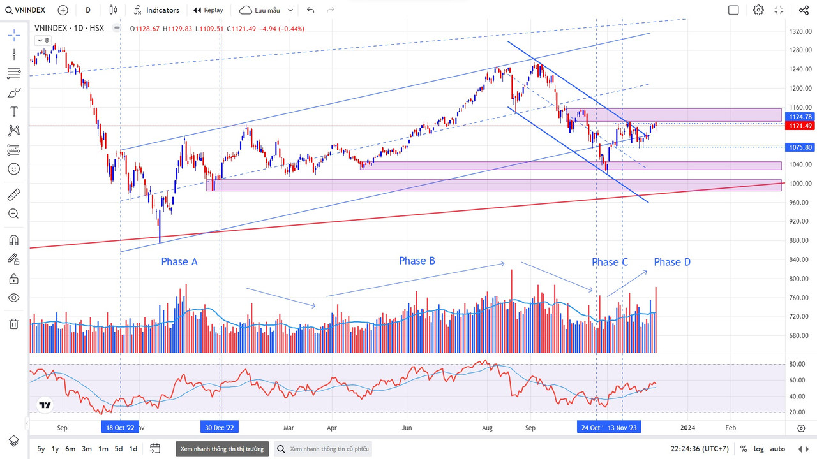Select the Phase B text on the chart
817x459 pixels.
[417, 260]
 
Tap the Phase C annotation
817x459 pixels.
[610, 262]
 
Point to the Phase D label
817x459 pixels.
[671, 262]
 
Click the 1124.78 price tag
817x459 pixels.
[800, 117]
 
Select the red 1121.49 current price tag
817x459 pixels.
[800, 126]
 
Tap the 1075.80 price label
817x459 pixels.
[800, 147]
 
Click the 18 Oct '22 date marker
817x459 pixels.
[120, 428]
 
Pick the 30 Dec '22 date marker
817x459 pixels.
[220, 428]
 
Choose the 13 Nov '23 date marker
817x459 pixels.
[622, 428]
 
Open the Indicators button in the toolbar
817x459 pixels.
[156, 10]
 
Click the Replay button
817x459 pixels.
[208, 10]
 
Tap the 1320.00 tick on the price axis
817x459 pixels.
[799, 31]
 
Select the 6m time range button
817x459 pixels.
[70, 449]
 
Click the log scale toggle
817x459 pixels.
[759, 449]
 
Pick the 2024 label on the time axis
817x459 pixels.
[687, 428]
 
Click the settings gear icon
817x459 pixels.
[758, 10]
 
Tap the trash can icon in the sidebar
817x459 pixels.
[13, 323]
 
